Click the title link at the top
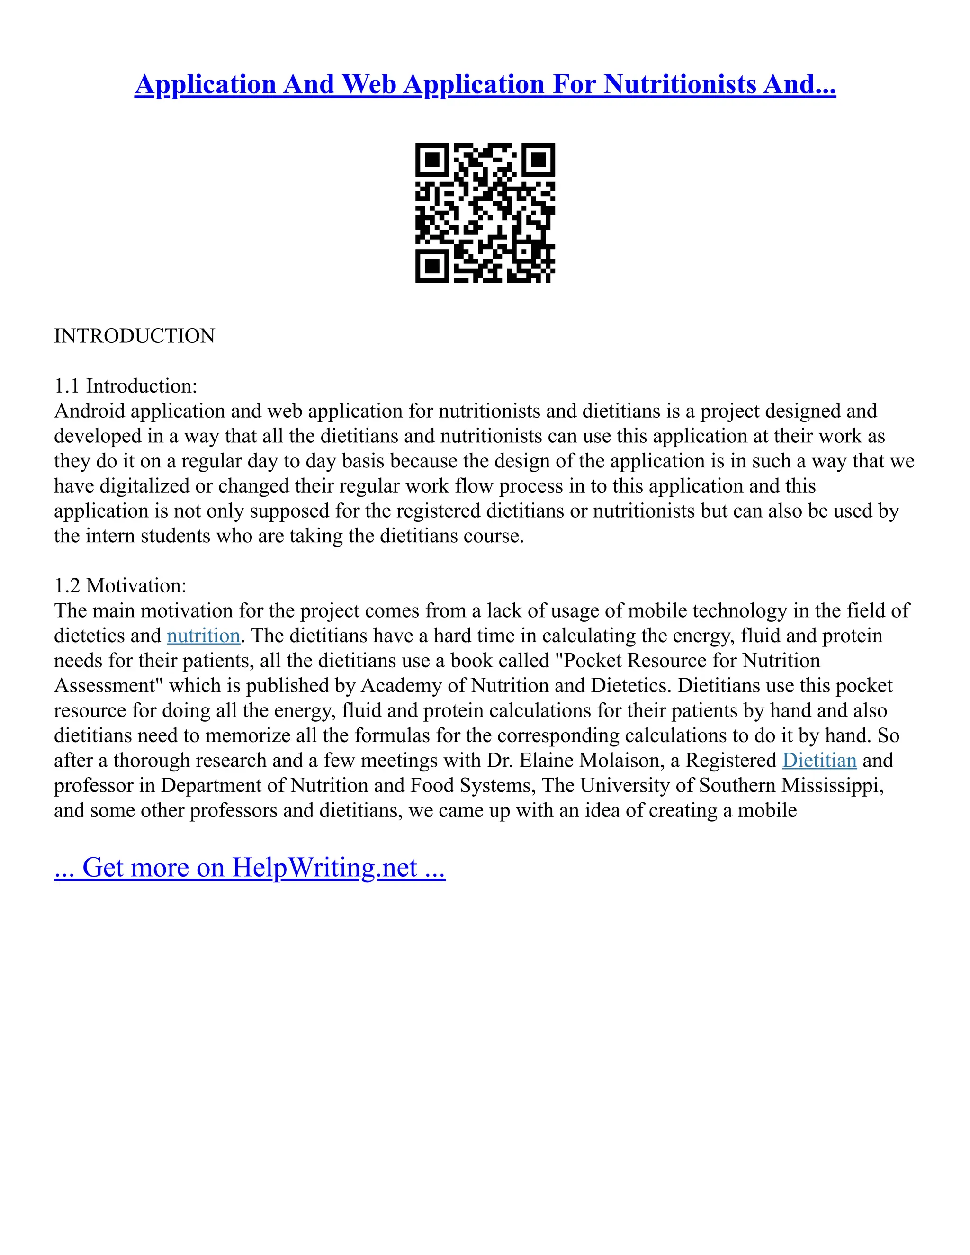point(485,84)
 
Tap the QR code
point(485,213)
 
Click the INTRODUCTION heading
point(135,336)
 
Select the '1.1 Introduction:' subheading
point(125,385)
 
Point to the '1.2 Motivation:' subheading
point(120,585)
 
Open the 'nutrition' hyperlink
point(203,636)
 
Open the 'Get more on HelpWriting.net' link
point(250,867)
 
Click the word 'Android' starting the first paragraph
point(89,411)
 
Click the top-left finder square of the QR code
point(431,159)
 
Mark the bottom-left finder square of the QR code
point(431,266)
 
